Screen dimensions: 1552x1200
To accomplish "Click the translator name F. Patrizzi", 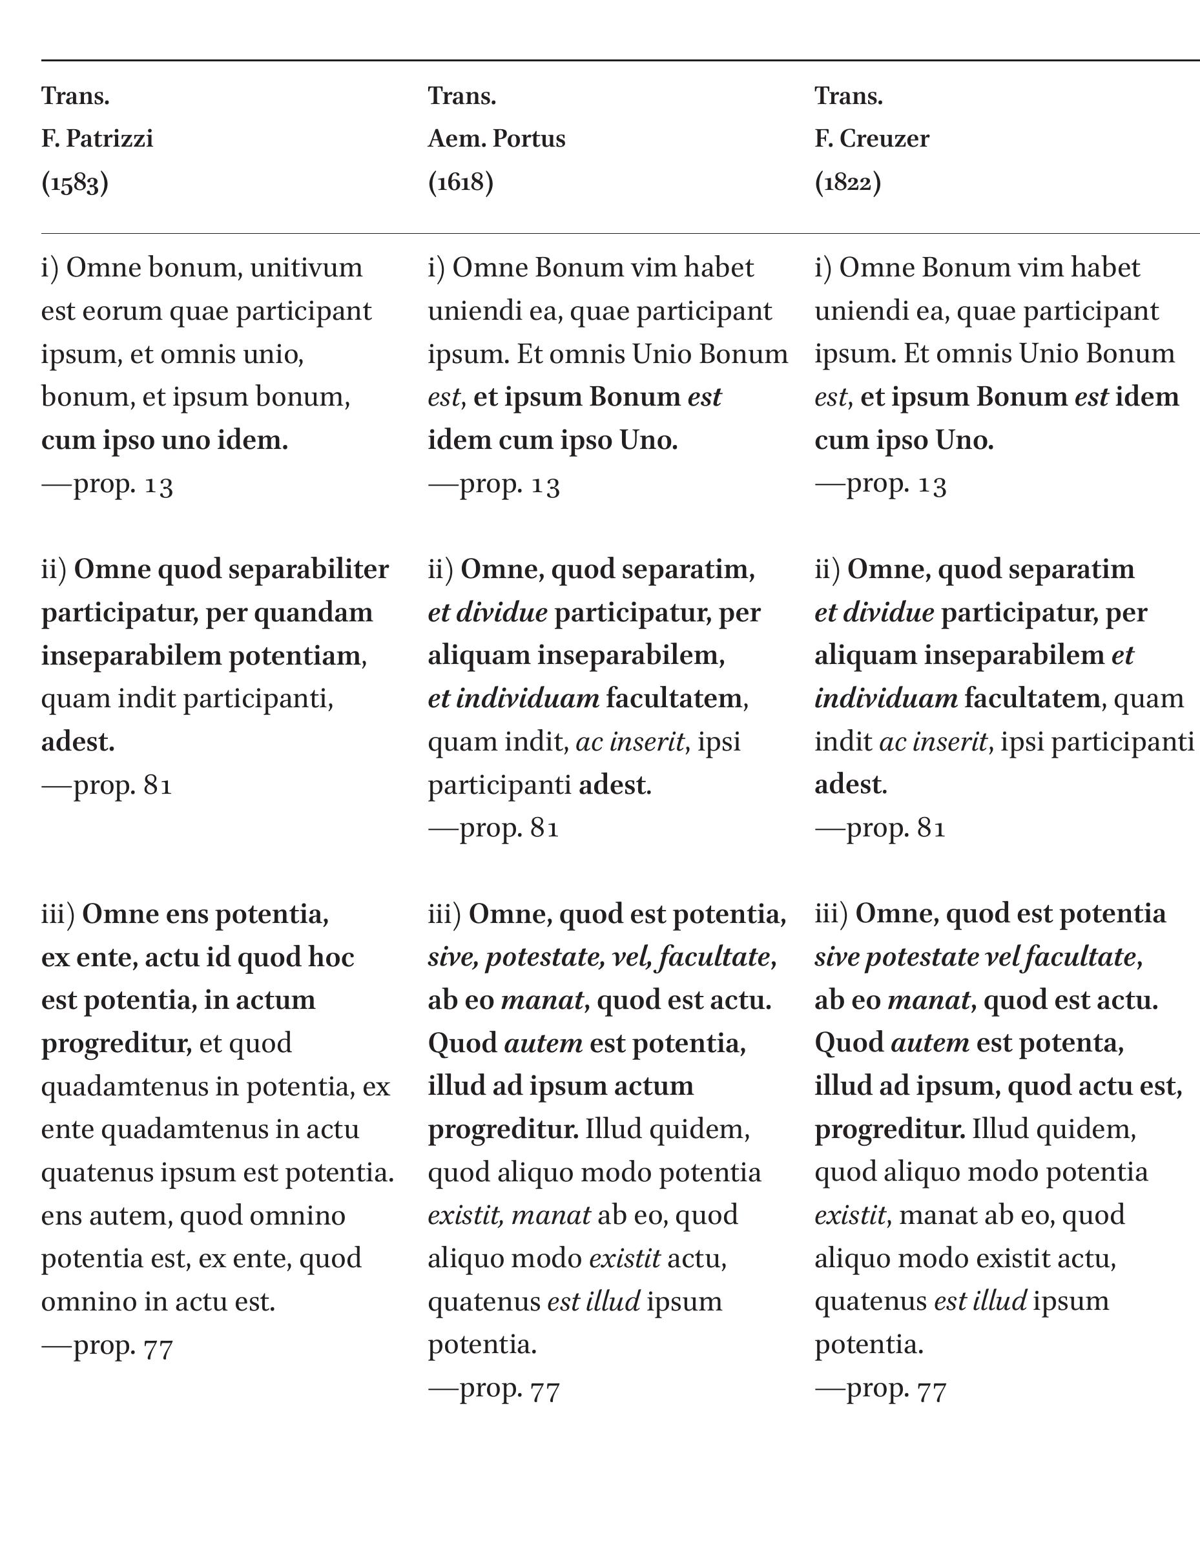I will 98,139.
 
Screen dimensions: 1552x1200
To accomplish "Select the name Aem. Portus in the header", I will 497,139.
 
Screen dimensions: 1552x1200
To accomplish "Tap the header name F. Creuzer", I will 872,139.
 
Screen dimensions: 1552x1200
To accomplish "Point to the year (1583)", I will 75,183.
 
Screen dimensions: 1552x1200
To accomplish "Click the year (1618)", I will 460,183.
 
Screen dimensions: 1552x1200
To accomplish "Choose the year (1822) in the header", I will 847,183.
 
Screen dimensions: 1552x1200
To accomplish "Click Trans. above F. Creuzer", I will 848,96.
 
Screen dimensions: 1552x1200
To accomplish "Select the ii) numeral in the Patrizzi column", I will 54,570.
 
